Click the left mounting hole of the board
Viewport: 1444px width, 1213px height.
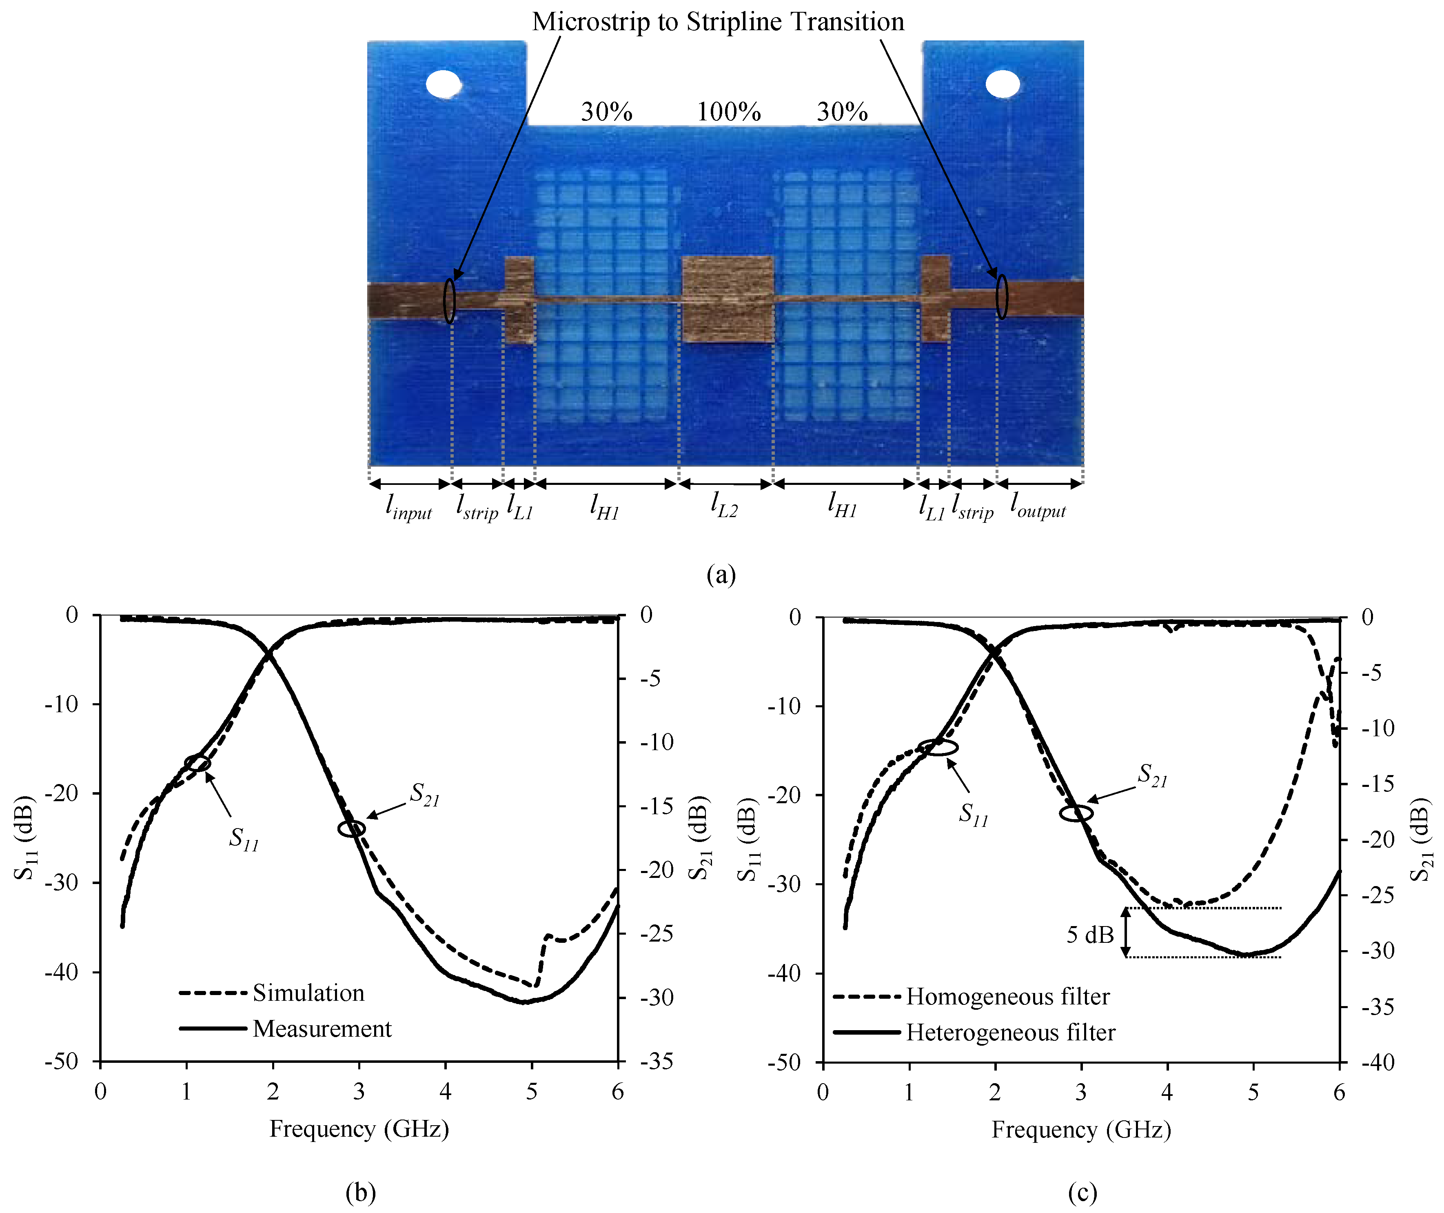[x=444, y=84]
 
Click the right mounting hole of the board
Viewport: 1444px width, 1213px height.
[x=1003, y=84]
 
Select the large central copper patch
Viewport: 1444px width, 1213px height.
[x=728, y=299]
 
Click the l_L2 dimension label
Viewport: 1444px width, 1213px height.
[x=724, y=505]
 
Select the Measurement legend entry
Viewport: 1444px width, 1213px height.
[x=322, y=1029]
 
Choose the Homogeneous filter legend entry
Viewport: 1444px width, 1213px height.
[x=1007, y=996]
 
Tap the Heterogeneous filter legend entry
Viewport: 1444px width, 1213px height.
[x=1010, y=1032]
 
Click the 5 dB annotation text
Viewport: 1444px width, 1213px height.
[x=1090, y=935]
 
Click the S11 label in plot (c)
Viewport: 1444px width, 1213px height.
[x=973, y=814]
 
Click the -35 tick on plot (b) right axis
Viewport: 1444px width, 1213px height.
[x=656, y=1061]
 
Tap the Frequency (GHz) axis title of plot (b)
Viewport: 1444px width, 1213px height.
[x=359, y=1129]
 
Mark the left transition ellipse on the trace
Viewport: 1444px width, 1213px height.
[x=449, y=300]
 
